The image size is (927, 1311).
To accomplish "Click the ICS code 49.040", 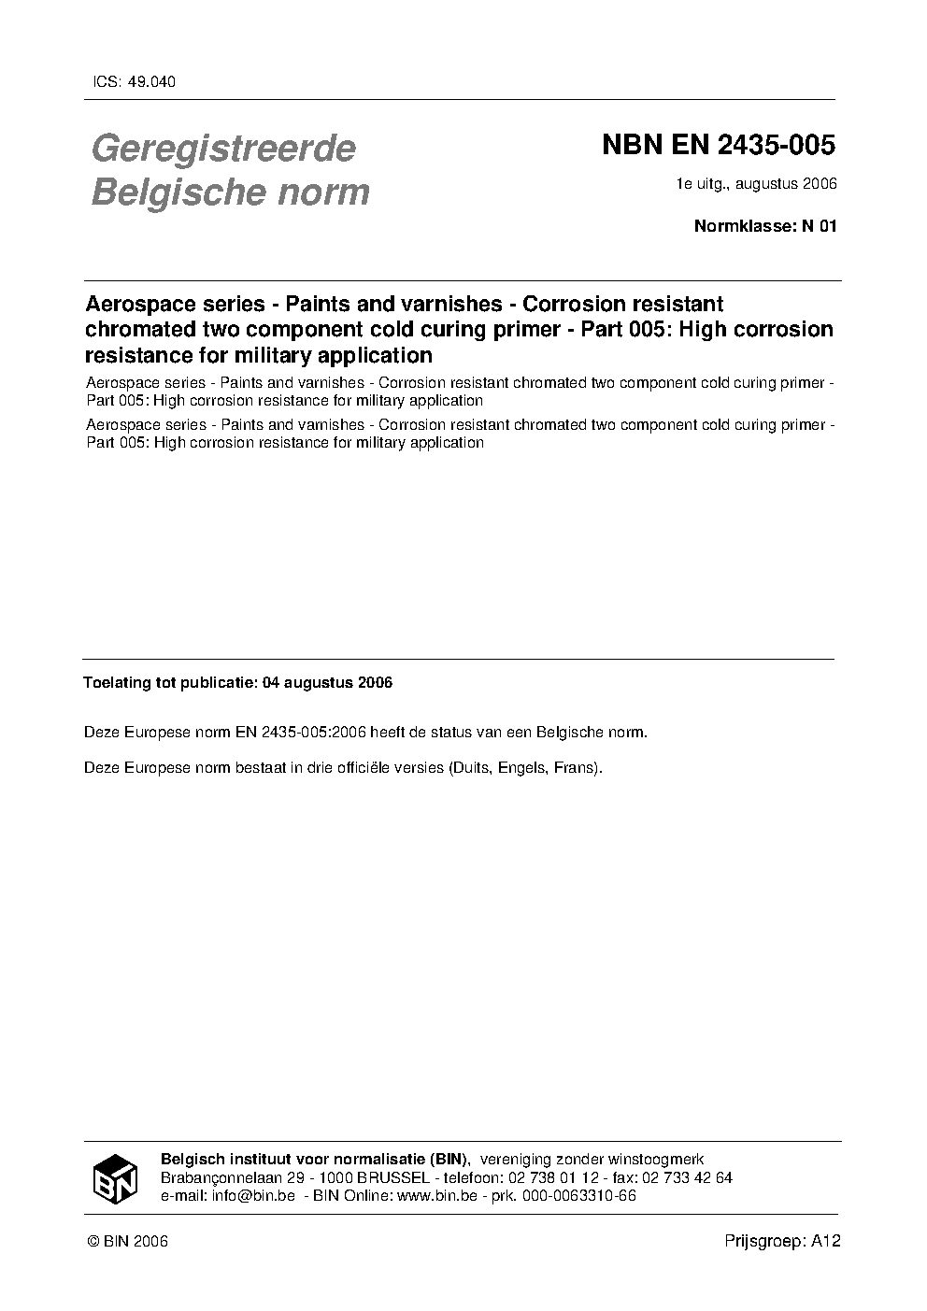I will [x=150, y=81].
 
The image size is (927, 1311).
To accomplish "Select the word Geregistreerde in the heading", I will [x=222, y=149].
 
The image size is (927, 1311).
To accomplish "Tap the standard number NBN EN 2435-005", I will [x=718, y=146].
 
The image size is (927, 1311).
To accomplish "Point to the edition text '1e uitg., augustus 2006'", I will [x=757, y=183].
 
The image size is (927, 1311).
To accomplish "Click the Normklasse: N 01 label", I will [x=764, y=225].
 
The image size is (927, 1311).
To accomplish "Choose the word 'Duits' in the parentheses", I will [x=471, y=769].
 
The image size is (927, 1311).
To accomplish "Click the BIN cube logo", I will [x=115, y=1177].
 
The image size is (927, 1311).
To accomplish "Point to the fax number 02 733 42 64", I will [x=686, y=1177].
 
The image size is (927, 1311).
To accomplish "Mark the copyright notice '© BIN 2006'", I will [x=127, y=1241].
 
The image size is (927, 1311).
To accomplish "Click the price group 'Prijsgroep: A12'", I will [x=783, y=1241].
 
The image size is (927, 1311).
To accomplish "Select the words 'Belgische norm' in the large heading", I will [x=230, y=192].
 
